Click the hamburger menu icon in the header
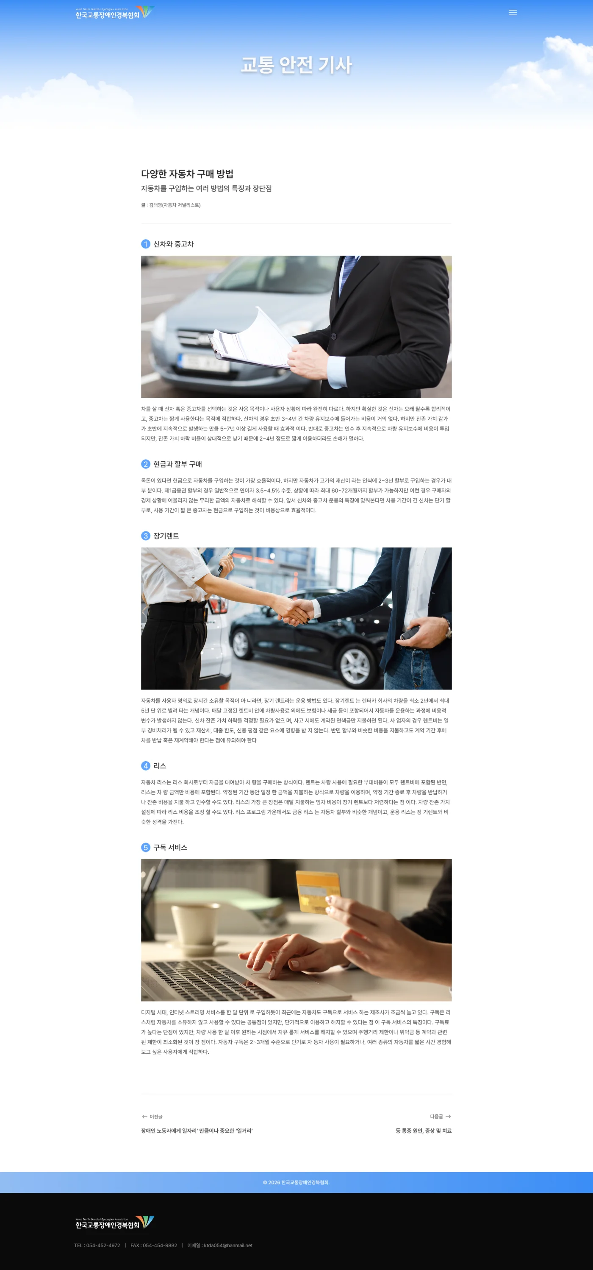[512, 13]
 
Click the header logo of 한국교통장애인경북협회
[115, 13]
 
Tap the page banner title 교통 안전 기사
[296, 64]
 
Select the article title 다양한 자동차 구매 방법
[187, 173]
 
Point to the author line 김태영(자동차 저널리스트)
[175, 205]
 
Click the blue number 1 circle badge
[146, 244]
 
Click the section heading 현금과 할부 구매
[178, 464]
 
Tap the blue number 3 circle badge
[146, 536]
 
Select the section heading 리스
[160, 766]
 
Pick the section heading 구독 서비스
[170, 848]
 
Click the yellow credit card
[318, 892]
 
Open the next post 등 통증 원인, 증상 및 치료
[424, 1130]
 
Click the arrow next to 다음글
[448, 1116]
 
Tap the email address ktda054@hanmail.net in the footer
[228, 1245]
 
